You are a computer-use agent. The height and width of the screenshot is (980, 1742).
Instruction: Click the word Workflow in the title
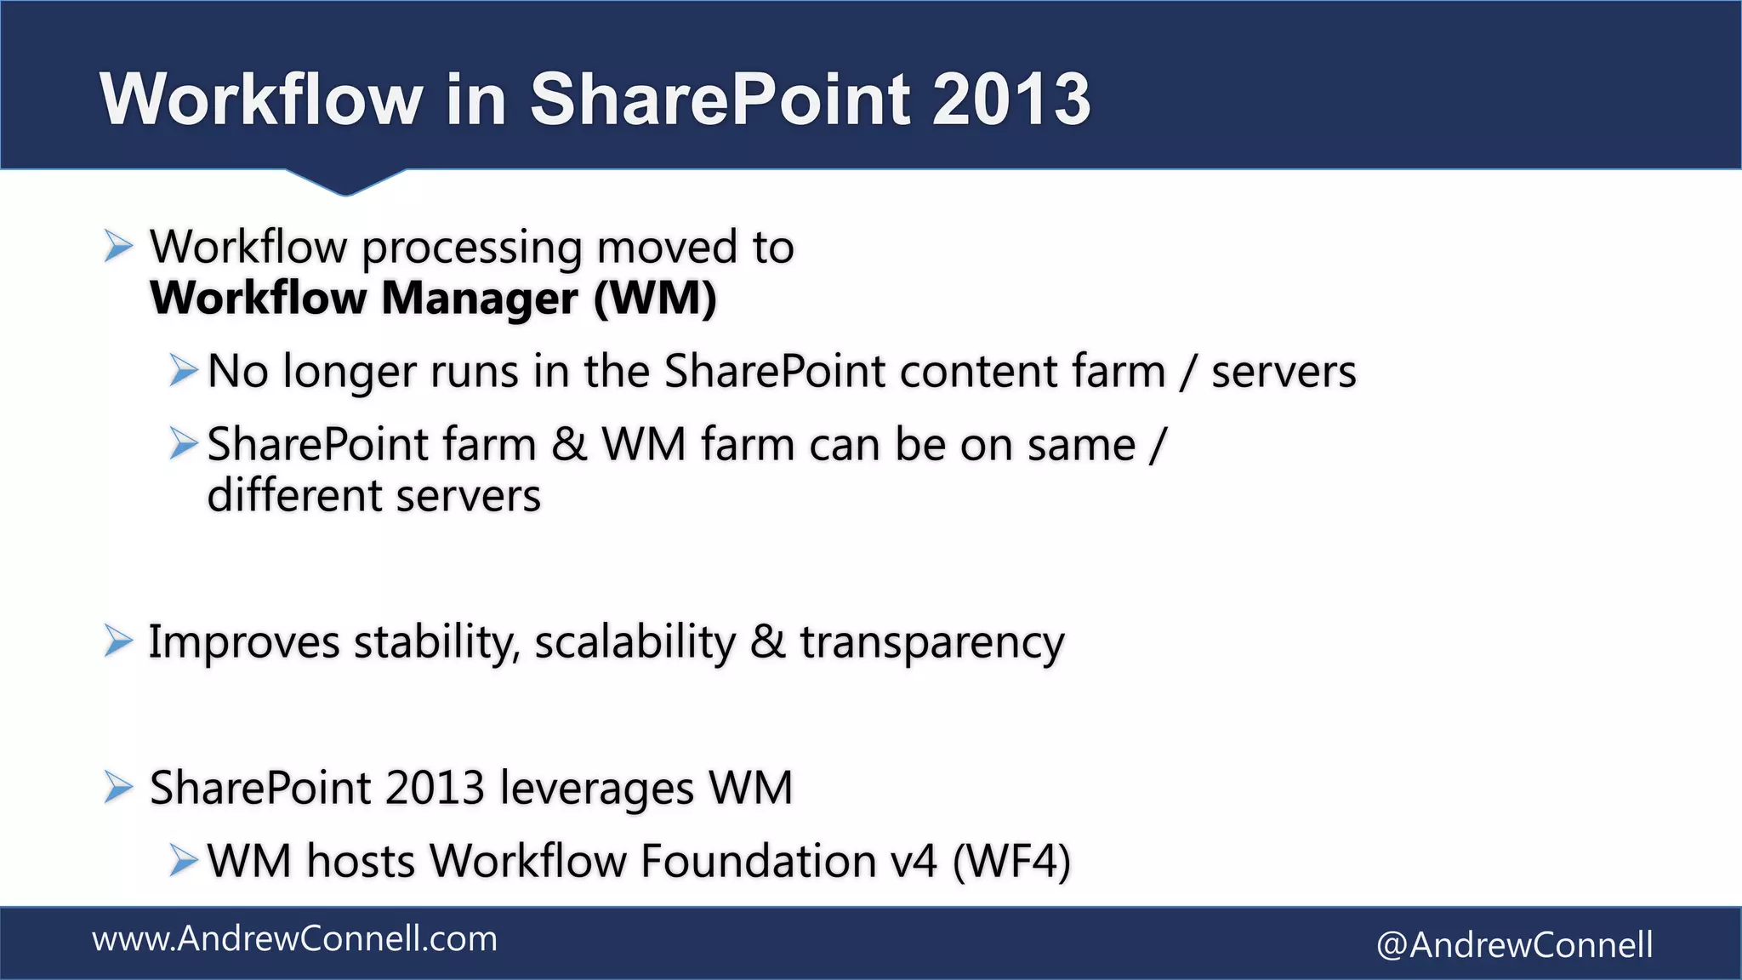(x=260, y=100)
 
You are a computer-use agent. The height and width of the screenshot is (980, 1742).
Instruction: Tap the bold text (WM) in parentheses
(x=655, y=299)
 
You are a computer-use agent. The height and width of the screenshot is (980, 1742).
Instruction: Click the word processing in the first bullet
(x=472, y=249)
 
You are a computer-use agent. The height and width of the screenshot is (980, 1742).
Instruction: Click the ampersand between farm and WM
(x=569, y=445)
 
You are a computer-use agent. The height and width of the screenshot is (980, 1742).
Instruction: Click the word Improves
(x=244, y=642)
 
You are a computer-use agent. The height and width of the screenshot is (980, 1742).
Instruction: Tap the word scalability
(x=635, y=642)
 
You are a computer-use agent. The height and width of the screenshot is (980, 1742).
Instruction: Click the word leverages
(x=597, y=789)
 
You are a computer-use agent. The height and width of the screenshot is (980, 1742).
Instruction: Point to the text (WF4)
(x=1011, y=861)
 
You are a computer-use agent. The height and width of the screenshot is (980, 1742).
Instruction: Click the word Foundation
(x=758, y=861)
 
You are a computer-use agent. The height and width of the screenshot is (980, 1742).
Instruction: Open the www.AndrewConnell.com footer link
(x=294, y=939)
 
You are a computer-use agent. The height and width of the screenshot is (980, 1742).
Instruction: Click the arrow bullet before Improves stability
(x=119, y=641)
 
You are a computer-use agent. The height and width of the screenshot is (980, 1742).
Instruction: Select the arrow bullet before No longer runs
(x=183, y=371)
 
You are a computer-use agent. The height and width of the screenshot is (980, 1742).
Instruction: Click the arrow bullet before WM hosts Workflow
(x=183, y=860)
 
